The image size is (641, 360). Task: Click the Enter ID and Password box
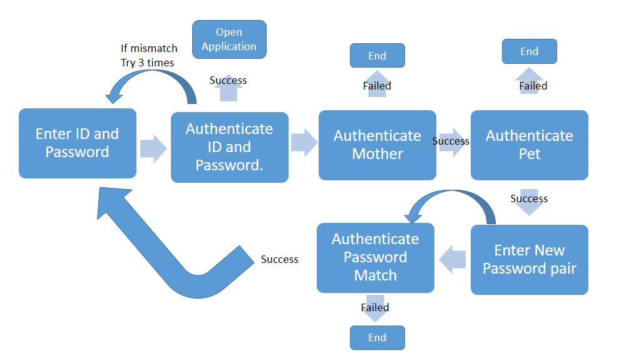pyautogui.click(x=77, y=143)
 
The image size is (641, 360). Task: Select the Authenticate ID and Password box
pyautogui.click(x=229, y=147)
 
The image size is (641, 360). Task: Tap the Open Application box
pyautogui.click(x=229, y=39)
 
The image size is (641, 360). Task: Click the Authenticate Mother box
pyautogui.click(x=377, y=145)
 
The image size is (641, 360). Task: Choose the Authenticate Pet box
pyautogui.click(x=529, y=145)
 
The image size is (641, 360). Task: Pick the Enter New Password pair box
pyautogui.click(x=529, y=259)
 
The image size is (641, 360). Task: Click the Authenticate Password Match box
pyautogui.click(x=375, y=257)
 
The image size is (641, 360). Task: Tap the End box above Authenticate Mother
pyautogui.click(x=377, y=56)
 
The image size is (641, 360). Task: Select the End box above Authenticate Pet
pyautogui.click(x=529, y=51)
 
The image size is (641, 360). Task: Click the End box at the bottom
pyautogui.click(x=377, y=337)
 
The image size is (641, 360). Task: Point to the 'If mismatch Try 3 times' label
pyautogui.click(x=149, y=56)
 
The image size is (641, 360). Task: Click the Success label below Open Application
pyautogui.click(x=228, y=80)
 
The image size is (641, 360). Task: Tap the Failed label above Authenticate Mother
pyautogui.click(x=377, y=86)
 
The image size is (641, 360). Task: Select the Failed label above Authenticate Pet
pyautogui.click(x=533, y=86)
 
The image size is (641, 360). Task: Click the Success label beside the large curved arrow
pyautogui.click(x=279, y=259)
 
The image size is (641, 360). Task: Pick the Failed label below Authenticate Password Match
pyautogui.click(x=375, y=307)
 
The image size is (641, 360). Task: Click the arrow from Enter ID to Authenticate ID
pyautogui.click(x=153, y=149)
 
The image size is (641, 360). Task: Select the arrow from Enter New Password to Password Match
pyautogui.click(x=453, y=259)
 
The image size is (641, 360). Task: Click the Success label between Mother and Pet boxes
pyautogui.click(x=451, y=141)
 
